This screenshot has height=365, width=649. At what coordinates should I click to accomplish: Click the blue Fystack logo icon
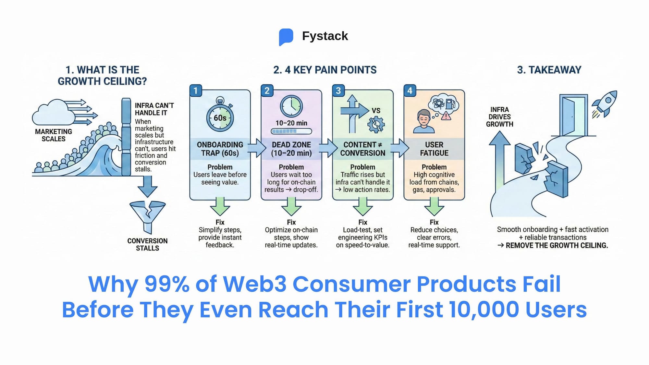(286, 37)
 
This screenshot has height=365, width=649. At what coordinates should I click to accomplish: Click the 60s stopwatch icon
(220, 116)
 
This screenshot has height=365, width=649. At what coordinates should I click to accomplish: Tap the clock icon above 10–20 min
(291, 106)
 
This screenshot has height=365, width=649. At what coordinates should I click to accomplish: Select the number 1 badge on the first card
(196, 91)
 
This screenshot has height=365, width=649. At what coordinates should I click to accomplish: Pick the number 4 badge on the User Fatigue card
(410, 91)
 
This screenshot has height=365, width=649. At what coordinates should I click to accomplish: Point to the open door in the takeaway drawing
(573, 115)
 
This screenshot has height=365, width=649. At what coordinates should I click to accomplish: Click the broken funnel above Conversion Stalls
(148, 215)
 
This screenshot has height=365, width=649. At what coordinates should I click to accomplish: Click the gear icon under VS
(376, 125)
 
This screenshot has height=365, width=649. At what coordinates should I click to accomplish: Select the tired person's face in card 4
(424, 118)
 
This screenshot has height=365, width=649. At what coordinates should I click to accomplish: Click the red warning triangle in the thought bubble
(446, 116)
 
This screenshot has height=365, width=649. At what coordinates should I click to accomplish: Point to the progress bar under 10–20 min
(291, 131)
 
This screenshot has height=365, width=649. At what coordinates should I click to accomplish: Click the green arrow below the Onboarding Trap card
(220, 206)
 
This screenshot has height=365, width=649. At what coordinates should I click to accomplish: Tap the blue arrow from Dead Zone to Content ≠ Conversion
(328, 148)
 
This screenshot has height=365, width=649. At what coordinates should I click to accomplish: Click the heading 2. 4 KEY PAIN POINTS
(325, 70)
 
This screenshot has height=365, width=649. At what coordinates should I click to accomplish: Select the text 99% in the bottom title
(167, 284)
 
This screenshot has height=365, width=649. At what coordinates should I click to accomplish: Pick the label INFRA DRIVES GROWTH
(499, 117)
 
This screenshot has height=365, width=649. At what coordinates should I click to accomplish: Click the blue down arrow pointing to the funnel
(148, 186)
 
